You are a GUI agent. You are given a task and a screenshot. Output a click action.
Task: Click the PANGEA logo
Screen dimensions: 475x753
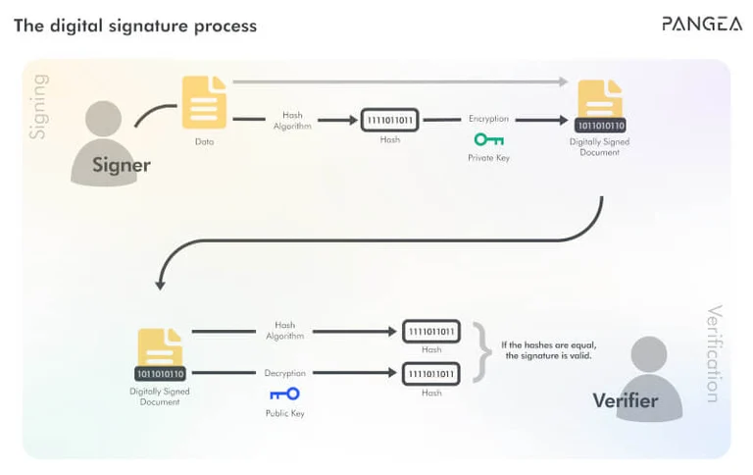pyautogui.click(x=701, y=24)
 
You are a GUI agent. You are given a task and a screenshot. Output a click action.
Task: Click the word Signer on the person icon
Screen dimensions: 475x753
pyautogui.click(x=122, y=165)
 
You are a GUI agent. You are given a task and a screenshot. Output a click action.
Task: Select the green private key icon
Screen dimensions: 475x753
pyautogui.click(x=488, y=139)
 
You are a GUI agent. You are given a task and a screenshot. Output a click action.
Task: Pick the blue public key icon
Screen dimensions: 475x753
pyautogui.click(x=284, y=394)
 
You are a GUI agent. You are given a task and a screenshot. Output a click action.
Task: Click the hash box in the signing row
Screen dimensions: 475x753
pyautogui.click(x=389, y=120)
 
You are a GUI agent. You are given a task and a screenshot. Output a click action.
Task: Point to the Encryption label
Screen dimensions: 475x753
pyautogui.click(x=488, y=119)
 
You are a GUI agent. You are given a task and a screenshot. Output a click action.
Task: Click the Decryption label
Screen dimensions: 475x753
pyautogui.click(x=284, y=373)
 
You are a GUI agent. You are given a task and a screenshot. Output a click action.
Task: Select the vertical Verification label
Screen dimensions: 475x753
pyautogui.click(x=714, y=353)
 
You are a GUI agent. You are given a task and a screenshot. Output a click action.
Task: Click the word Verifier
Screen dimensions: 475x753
pyautogui.click(x=625, y=400)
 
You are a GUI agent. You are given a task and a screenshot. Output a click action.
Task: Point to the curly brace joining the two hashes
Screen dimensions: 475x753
pyautogui.click(x=480, y=351)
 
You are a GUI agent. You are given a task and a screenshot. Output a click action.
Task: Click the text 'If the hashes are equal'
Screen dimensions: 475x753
pyautogui.click(x=548, y=344)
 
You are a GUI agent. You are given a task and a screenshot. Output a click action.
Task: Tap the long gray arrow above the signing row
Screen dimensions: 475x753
pyautogui.click(x=402, y=80)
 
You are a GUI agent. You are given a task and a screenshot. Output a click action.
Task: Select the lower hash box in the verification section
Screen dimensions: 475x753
pyautogui.click(x=430, y=374)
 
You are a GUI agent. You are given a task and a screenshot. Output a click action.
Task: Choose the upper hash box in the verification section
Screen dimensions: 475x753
pyautogui.click(x=430, y=331)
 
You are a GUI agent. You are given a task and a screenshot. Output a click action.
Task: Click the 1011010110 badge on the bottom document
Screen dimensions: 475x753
pyautogui.click(x=160, y=374)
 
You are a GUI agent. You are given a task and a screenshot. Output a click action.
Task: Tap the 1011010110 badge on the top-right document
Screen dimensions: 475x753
pyautogui.click(x=599, y=126)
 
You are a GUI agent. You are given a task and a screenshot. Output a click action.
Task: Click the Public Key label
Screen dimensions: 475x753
pyautogui.click(x=284, y=413)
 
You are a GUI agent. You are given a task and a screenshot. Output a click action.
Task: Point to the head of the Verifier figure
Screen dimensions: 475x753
pyautogui.click(x=648, y=354)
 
